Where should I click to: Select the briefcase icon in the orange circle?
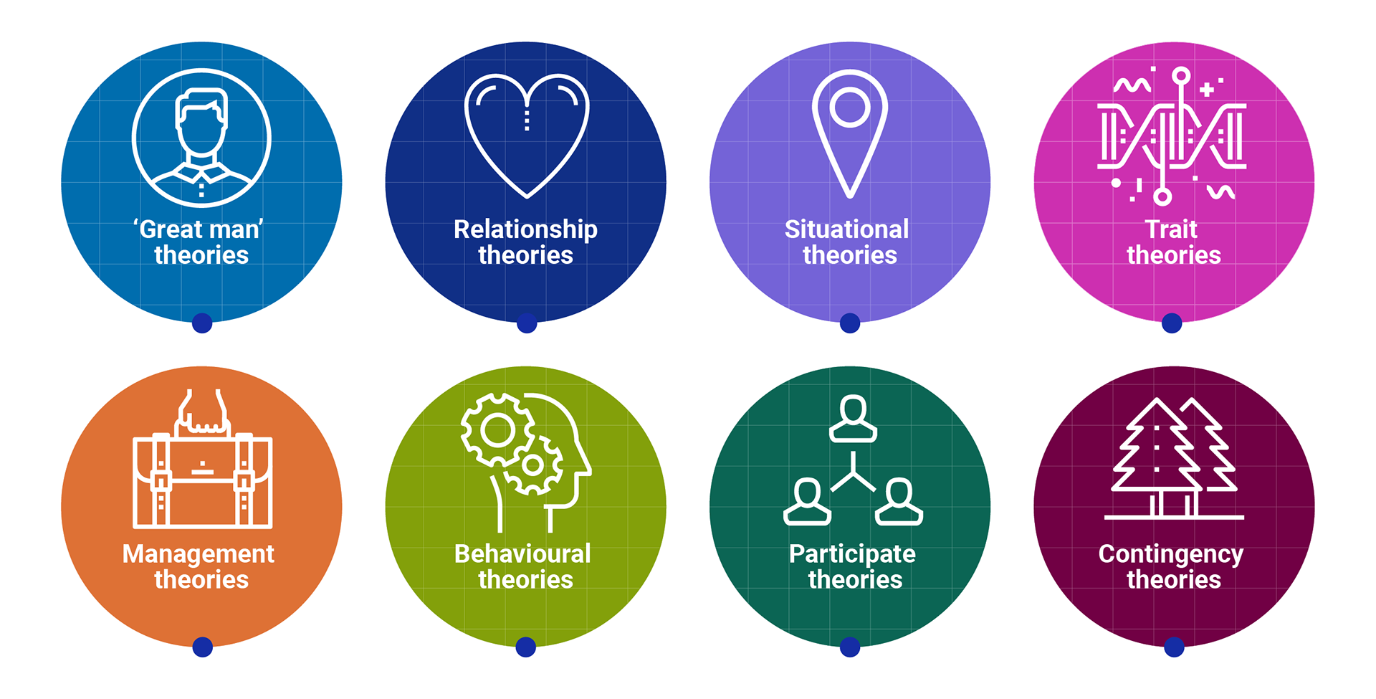pyautogui.click(x=202, y=479)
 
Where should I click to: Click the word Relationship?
pyautogui.click(x=525, y=229)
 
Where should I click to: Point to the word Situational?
pyautogui.click(x=846, y=229)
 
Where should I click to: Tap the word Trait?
pyautogui.click(x=1171, y=229)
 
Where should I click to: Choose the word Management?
pyautogui.click(x=199, y=554)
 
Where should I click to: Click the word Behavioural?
pyautogui.click(x=522, y=554)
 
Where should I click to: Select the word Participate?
pyautogui.click(x=852, y=554)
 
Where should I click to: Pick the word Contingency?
pyautogui.click(x=1170, y=554)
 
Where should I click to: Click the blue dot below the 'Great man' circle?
pyautogui.click(x=202, y=323)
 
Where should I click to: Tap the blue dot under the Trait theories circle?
pyautogui.click(x=1172, y=323)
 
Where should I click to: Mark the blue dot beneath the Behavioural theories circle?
pyautogui.click(x=526, y=647)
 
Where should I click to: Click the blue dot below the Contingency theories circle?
pyautogui.click(x=1174, y=647)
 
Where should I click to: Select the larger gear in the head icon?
pyautogui.click(x=497, y=430)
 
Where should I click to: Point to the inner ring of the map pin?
pyautogui.click(x=850, y=108)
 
